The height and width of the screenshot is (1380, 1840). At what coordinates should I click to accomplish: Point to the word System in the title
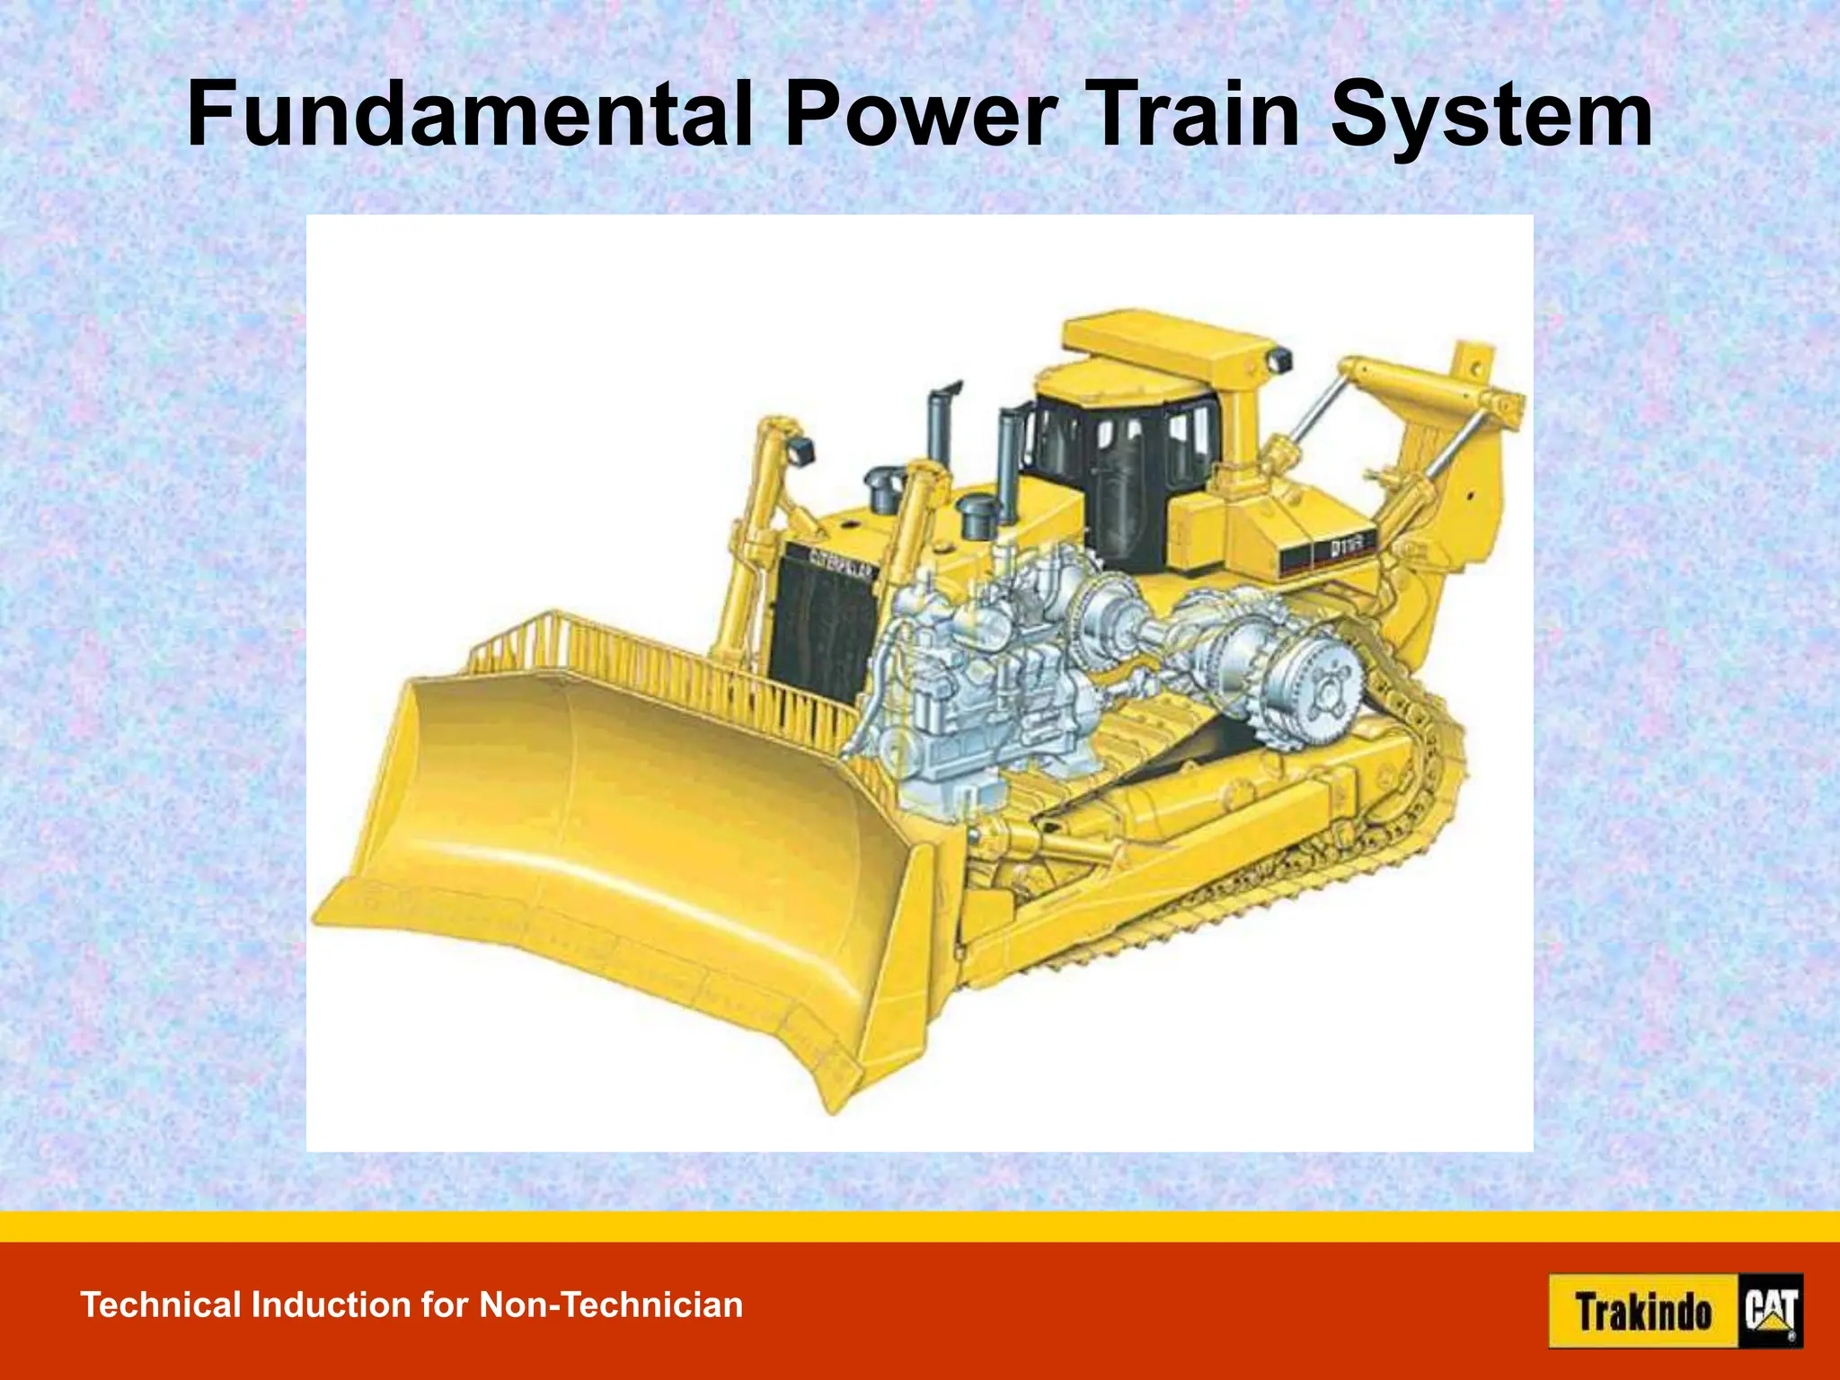tap(1491, 117)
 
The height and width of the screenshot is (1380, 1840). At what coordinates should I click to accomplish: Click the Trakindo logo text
tap(1643, 1312)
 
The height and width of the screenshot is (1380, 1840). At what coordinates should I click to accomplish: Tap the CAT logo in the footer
tap(1771, 1312)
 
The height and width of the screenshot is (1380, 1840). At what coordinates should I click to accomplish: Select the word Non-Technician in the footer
tap(611, 1305)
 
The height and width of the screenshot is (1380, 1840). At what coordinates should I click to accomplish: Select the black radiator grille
tap(822, 629)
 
